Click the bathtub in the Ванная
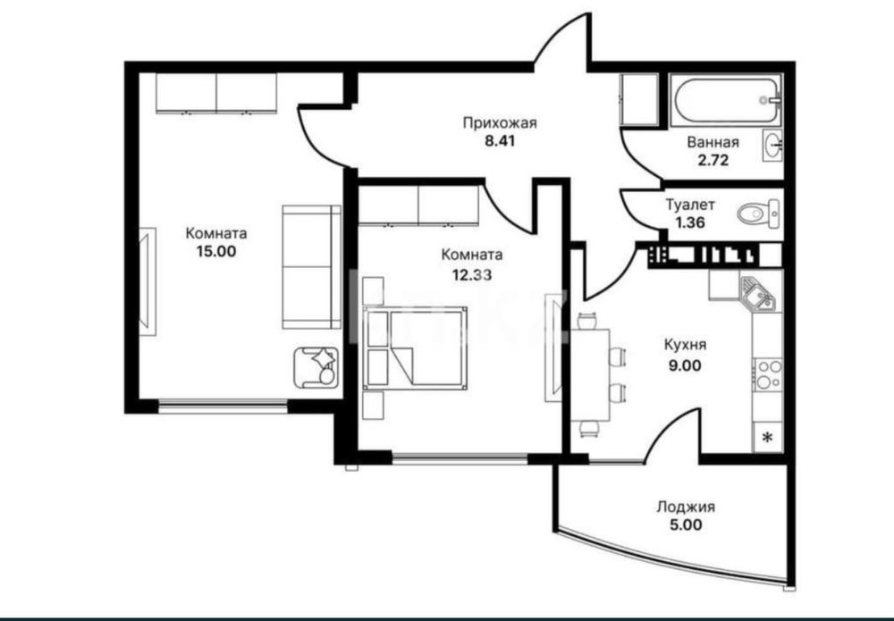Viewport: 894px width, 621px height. (726, 100)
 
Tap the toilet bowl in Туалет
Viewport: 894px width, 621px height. (758, 214)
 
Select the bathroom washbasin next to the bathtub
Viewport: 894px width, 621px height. (772, 146)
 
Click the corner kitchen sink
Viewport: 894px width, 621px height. (757, 293)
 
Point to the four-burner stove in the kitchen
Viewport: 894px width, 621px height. (768, 374)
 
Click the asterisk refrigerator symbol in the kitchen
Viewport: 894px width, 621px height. (767, 438)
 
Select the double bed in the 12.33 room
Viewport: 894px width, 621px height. (415, 348)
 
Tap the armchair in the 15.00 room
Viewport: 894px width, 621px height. (316, 367)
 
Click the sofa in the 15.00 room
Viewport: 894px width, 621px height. (311, 267)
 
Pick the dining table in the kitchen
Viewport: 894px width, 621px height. (591, 374)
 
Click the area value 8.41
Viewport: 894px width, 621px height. (500, 140)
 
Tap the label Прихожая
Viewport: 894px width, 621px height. (500, 123)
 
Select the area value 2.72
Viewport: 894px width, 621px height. (713, 160)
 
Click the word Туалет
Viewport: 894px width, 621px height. (690, 204)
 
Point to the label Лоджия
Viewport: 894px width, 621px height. (686, 507)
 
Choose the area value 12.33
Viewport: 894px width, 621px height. (472, 275)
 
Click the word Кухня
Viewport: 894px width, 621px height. (686, 345)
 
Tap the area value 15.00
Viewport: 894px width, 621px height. (216, 251)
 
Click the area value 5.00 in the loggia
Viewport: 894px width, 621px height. (686, 524)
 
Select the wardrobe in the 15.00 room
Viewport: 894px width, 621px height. (216, 93)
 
